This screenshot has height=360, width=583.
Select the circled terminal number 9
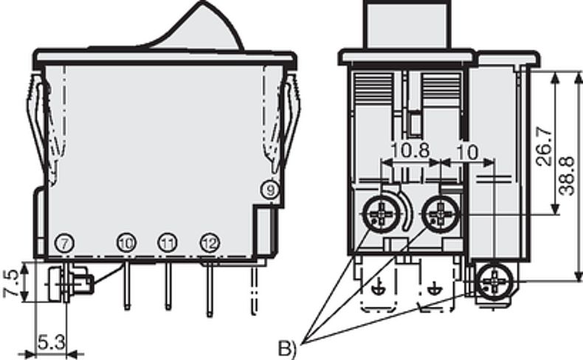pyautogui.click(x=272, y=191)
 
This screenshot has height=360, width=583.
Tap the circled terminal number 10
pyautogui.click(x=126, y=243)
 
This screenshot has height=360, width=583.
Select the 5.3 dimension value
pyautogui.click(x=50, y=343)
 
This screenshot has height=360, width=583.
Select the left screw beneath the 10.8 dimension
pyautogui.click(x=381, y=215)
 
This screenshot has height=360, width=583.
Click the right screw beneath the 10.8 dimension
pyautogui.click(x=441, y=215)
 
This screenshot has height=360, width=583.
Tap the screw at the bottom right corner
pyautogui.click(x=490, y=283)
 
